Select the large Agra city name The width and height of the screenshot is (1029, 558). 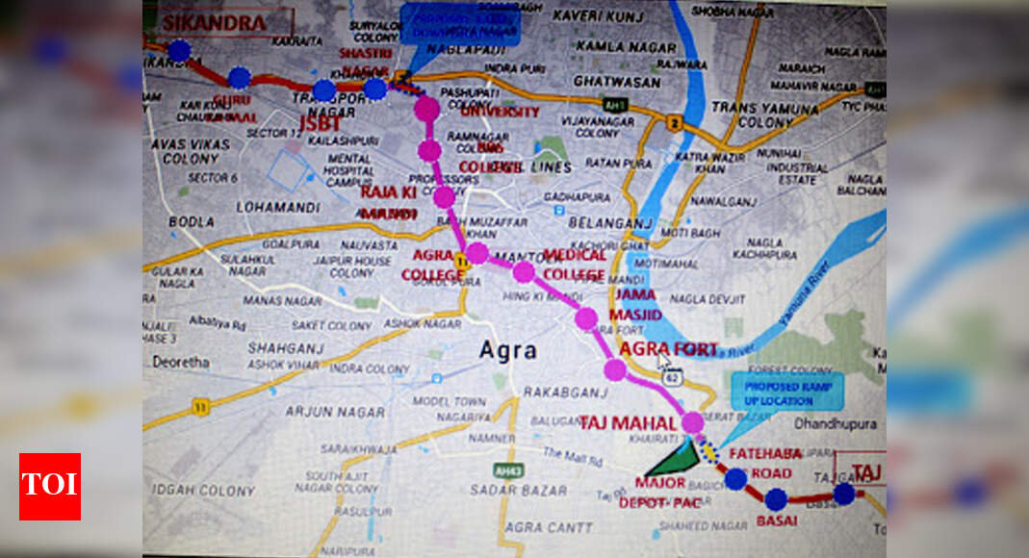(508, 350)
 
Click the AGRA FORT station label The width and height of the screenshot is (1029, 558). (668, 348)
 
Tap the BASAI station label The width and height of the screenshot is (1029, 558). (777, 520)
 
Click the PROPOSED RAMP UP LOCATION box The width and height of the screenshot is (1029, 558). (787, 392)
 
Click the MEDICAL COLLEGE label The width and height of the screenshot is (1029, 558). (575, 265)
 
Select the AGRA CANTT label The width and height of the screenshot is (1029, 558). (535, 527)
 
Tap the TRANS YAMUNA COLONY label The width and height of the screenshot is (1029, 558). (751, 115)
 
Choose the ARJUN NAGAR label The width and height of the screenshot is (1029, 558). (323, 411)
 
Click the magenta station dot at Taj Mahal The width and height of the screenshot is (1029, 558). (692, 422)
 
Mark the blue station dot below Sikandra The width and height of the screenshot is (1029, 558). (179, 51)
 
